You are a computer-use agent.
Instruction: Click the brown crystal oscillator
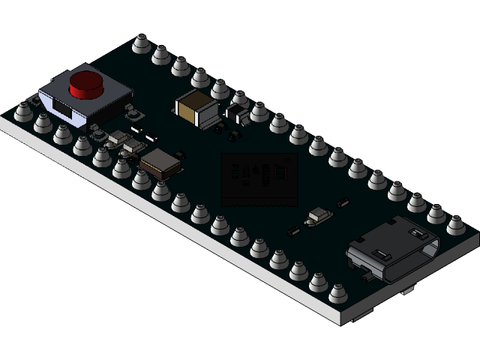[x=160, y=162]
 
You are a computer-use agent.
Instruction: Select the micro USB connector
[x=390, y=251]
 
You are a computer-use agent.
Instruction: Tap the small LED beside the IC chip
[x=319, y=215]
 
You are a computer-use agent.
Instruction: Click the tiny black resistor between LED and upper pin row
[x=343, y=202]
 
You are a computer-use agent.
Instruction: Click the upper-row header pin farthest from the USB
[x=141, y=43]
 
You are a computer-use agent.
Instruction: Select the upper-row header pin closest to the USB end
[x=456, y=224]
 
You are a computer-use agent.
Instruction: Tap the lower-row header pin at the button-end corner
[x=23, y=111]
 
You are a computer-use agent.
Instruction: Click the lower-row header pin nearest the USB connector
[x=338, y=292]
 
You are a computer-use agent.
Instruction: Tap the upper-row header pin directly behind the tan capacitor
[x=200, y=77]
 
